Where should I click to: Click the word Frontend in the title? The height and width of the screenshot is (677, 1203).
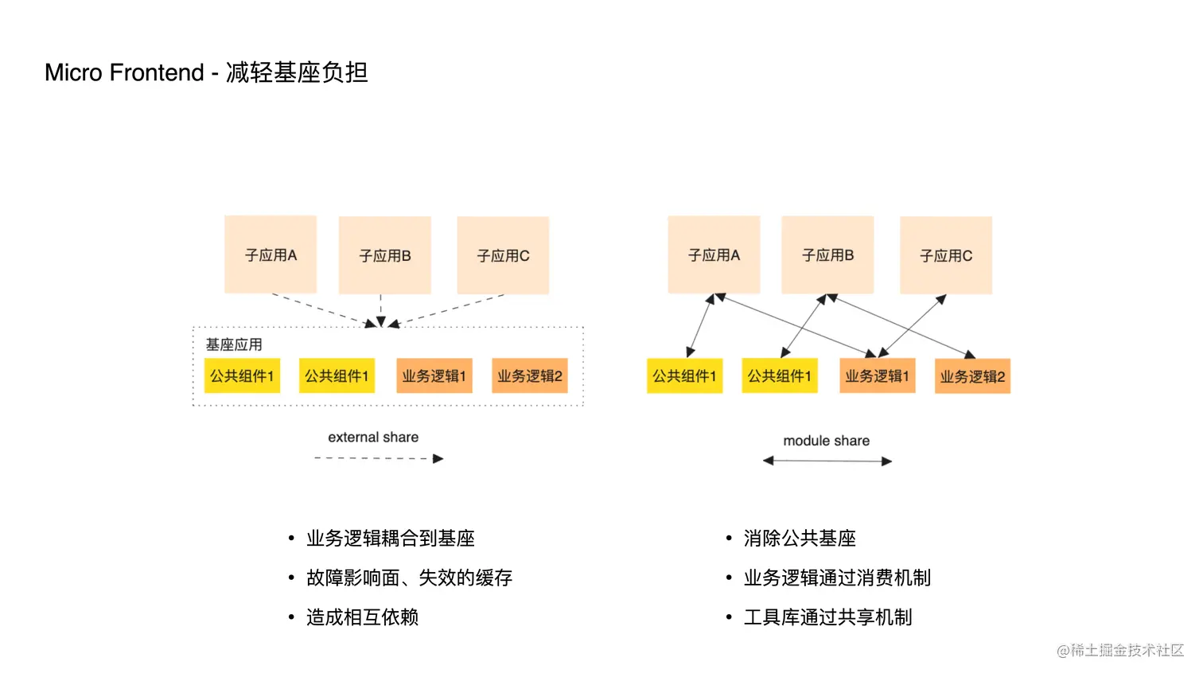tap(157, 72)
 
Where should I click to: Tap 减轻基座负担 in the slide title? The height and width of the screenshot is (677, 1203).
tap(297, 72)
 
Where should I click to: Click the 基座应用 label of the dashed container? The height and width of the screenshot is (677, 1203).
tap(234, 344)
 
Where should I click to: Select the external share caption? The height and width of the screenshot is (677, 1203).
tap(373, 438)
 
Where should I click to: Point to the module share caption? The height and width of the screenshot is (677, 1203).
tap(826, 441)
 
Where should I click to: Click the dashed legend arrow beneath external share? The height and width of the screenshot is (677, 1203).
tap(378, 458)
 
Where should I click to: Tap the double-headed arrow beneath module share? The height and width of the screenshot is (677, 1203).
tap(827, 461)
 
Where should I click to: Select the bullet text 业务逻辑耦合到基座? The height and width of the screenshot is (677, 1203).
tap(390, 539)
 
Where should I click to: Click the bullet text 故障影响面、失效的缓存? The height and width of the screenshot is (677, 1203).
tap(409, 578)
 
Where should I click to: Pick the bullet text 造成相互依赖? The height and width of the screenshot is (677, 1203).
tap(362, 617)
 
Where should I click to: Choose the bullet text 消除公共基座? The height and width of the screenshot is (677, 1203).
tap(800, 539)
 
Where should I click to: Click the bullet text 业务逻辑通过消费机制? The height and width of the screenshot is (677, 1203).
tap(837, 578)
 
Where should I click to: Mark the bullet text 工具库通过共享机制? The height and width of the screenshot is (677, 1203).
tap(827, 617)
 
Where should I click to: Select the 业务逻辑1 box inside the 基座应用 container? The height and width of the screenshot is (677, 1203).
tap(434, 376)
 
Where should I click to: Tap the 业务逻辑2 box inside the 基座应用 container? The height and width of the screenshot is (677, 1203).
tap(529, 376)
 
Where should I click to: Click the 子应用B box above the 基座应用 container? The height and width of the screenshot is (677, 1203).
tap(385, 255)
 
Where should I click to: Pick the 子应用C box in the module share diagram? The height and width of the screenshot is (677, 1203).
tap(946, 255)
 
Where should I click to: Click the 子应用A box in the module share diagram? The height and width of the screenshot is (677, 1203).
tap(714, 255)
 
